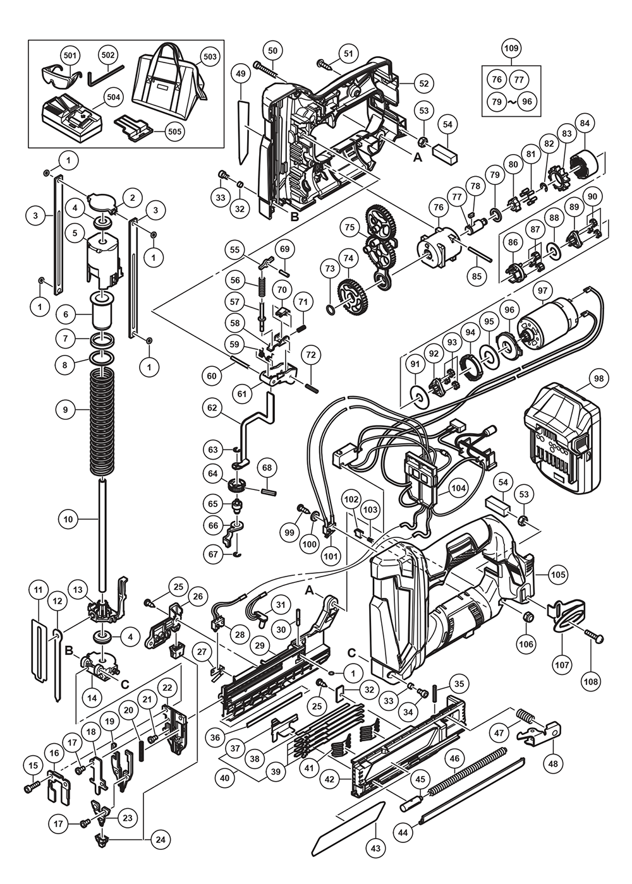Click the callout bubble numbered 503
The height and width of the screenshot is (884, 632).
tap(210, 56)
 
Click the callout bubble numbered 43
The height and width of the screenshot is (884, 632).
tap(376, 849)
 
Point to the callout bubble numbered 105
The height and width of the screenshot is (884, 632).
tap(557, 575)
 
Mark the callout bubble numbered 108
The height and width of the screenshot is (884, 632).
tap(592, 681)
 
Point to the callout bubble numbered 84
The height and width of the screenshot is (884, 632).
tap(584, 122)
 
